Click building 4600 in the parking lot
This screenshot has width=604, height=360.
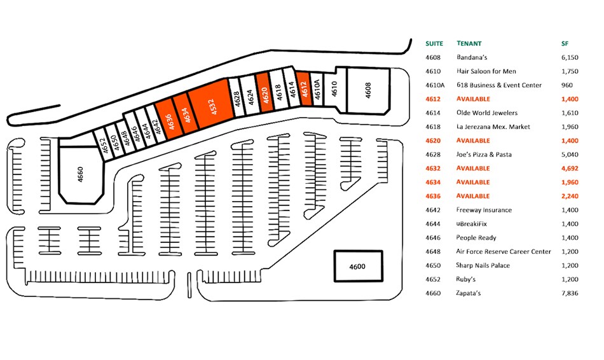(x=359, y=266)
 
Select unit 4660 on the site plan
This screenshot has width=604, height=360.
(x=81, y=173)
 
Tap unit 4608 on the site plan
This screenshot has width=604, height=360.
(x=367, y=90)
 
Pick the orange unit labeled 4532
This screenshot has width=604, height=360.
(x=209, y=104)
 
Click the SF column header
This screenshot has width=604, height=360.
(x=564, y=44)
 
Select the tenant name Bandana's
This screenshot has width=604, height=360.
(x=472, y=57)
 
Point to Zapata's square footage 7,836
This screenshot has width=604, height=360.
(x=570, y=293)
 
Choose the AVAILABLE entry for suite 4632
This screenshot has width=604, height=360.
(x=473, y=169)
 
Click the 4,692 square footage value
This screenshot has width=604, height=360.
(x=570, y=169)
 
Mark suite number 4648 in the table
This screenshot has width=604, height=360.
(x=432, y=252)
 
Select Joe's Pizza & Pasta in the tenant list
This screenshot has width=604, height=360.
(x=484, y=155)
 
